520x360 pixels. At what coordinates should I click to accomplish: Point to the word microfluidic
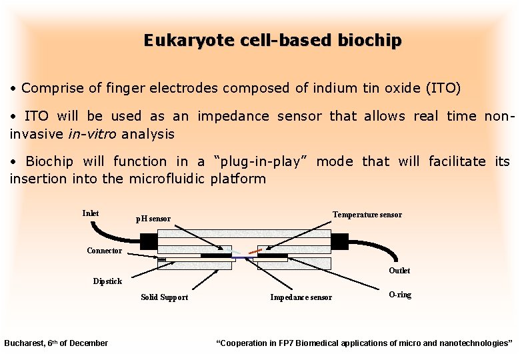(169, 179)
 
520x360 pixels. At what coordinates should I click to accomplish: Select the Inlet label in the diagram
(90, 213)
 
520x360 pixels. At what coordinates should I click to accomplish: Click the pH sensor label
(153, 219)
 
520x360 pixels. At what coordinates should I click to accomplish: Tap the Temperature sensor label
(367, 215)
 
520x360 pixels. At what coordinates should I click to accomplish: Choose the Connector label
(104, 251)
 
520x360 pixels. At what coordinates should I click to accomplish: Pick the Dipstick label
(107, 281)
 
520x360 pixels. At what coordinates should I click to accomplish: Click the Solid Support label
(164, 297)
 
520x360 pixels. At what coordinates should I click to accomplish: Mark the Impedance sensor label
(301, 297)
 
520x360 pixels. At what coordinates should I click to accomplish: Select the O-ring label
(400, 295)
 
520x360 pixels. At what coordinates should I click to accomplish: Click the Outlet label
(399, 271)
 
